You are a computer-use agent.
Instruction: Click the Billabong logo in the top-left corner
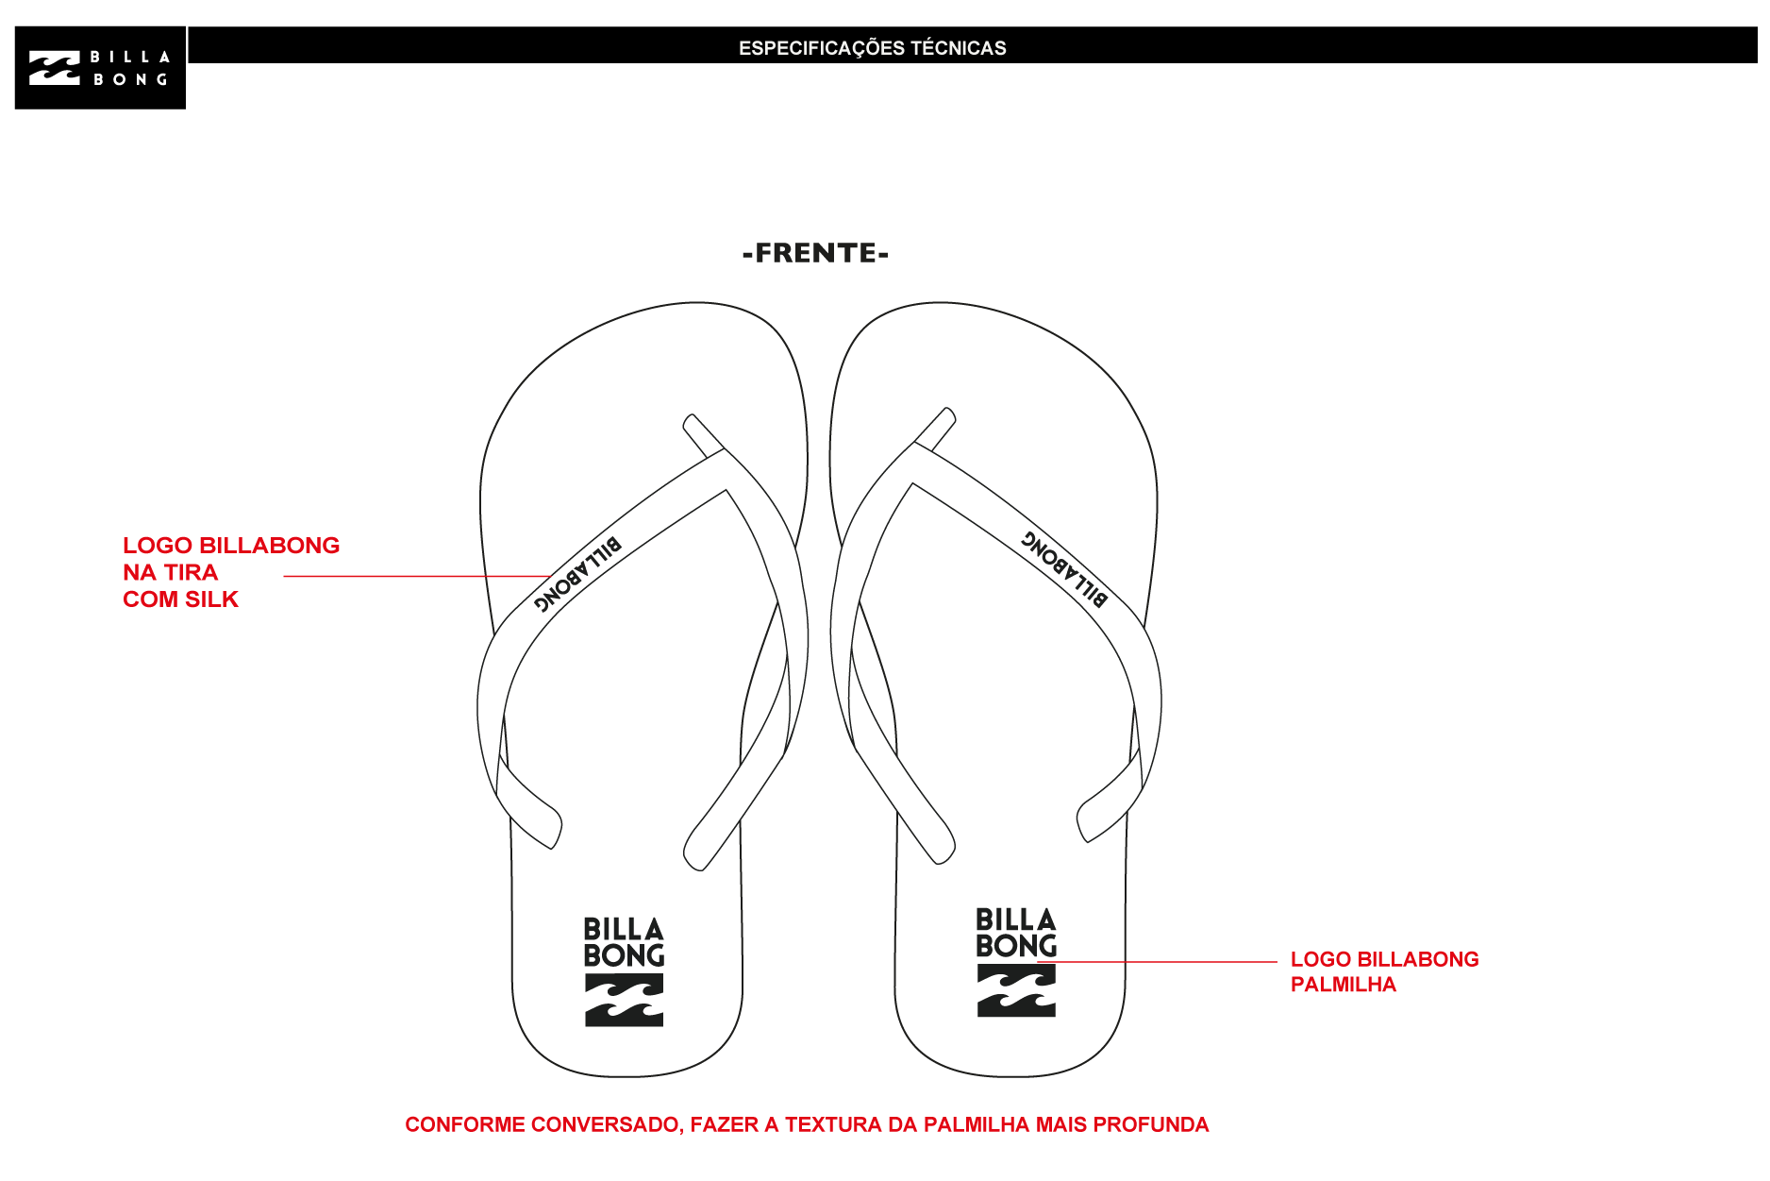pyautogui.click(x=100, y=68)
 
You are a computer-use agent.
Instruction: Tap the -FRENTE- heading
pyautogui.click(x=816, y=253)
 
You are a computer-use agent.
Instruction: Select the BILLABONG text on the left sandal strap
pyautogui.click(x=577, y=573)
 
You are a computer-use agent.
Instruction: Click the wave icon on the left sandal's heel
pyautogui.click(x=624, y=1000)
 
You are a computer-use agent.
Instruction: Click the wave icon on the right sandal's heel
pyautogui.click(x=1016, y=990)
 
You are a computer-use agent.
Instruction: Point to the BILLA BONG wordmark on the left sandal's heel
pyautogui.click(x=624, y=942)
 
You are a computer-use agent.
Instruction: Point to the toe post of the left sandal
pyautogui.click(x=704, y=435)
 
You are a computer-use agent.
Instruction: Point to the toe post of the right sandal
pyautogui.click(x=935, y=429)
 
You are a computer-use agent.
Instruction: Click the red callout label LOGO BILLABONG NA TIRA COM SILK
pyautogui.click(x=231, y=572)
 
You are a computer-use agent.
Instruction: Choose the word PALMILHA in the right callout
pyautogui.click(x=1343, y=985)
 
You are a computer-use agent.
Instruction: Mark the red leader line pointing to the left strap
pyautogui.click(x=417, y=576)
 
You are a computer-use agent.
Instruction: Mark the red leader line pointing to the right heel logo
pyautogui.click(x=1157, y=962)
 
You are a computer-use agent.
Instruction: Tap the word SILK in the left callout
pyautogui.click(x=211, y=599)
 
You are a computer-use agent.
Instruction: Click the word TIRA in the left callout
pyautogui.click(x=191, y=572)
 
